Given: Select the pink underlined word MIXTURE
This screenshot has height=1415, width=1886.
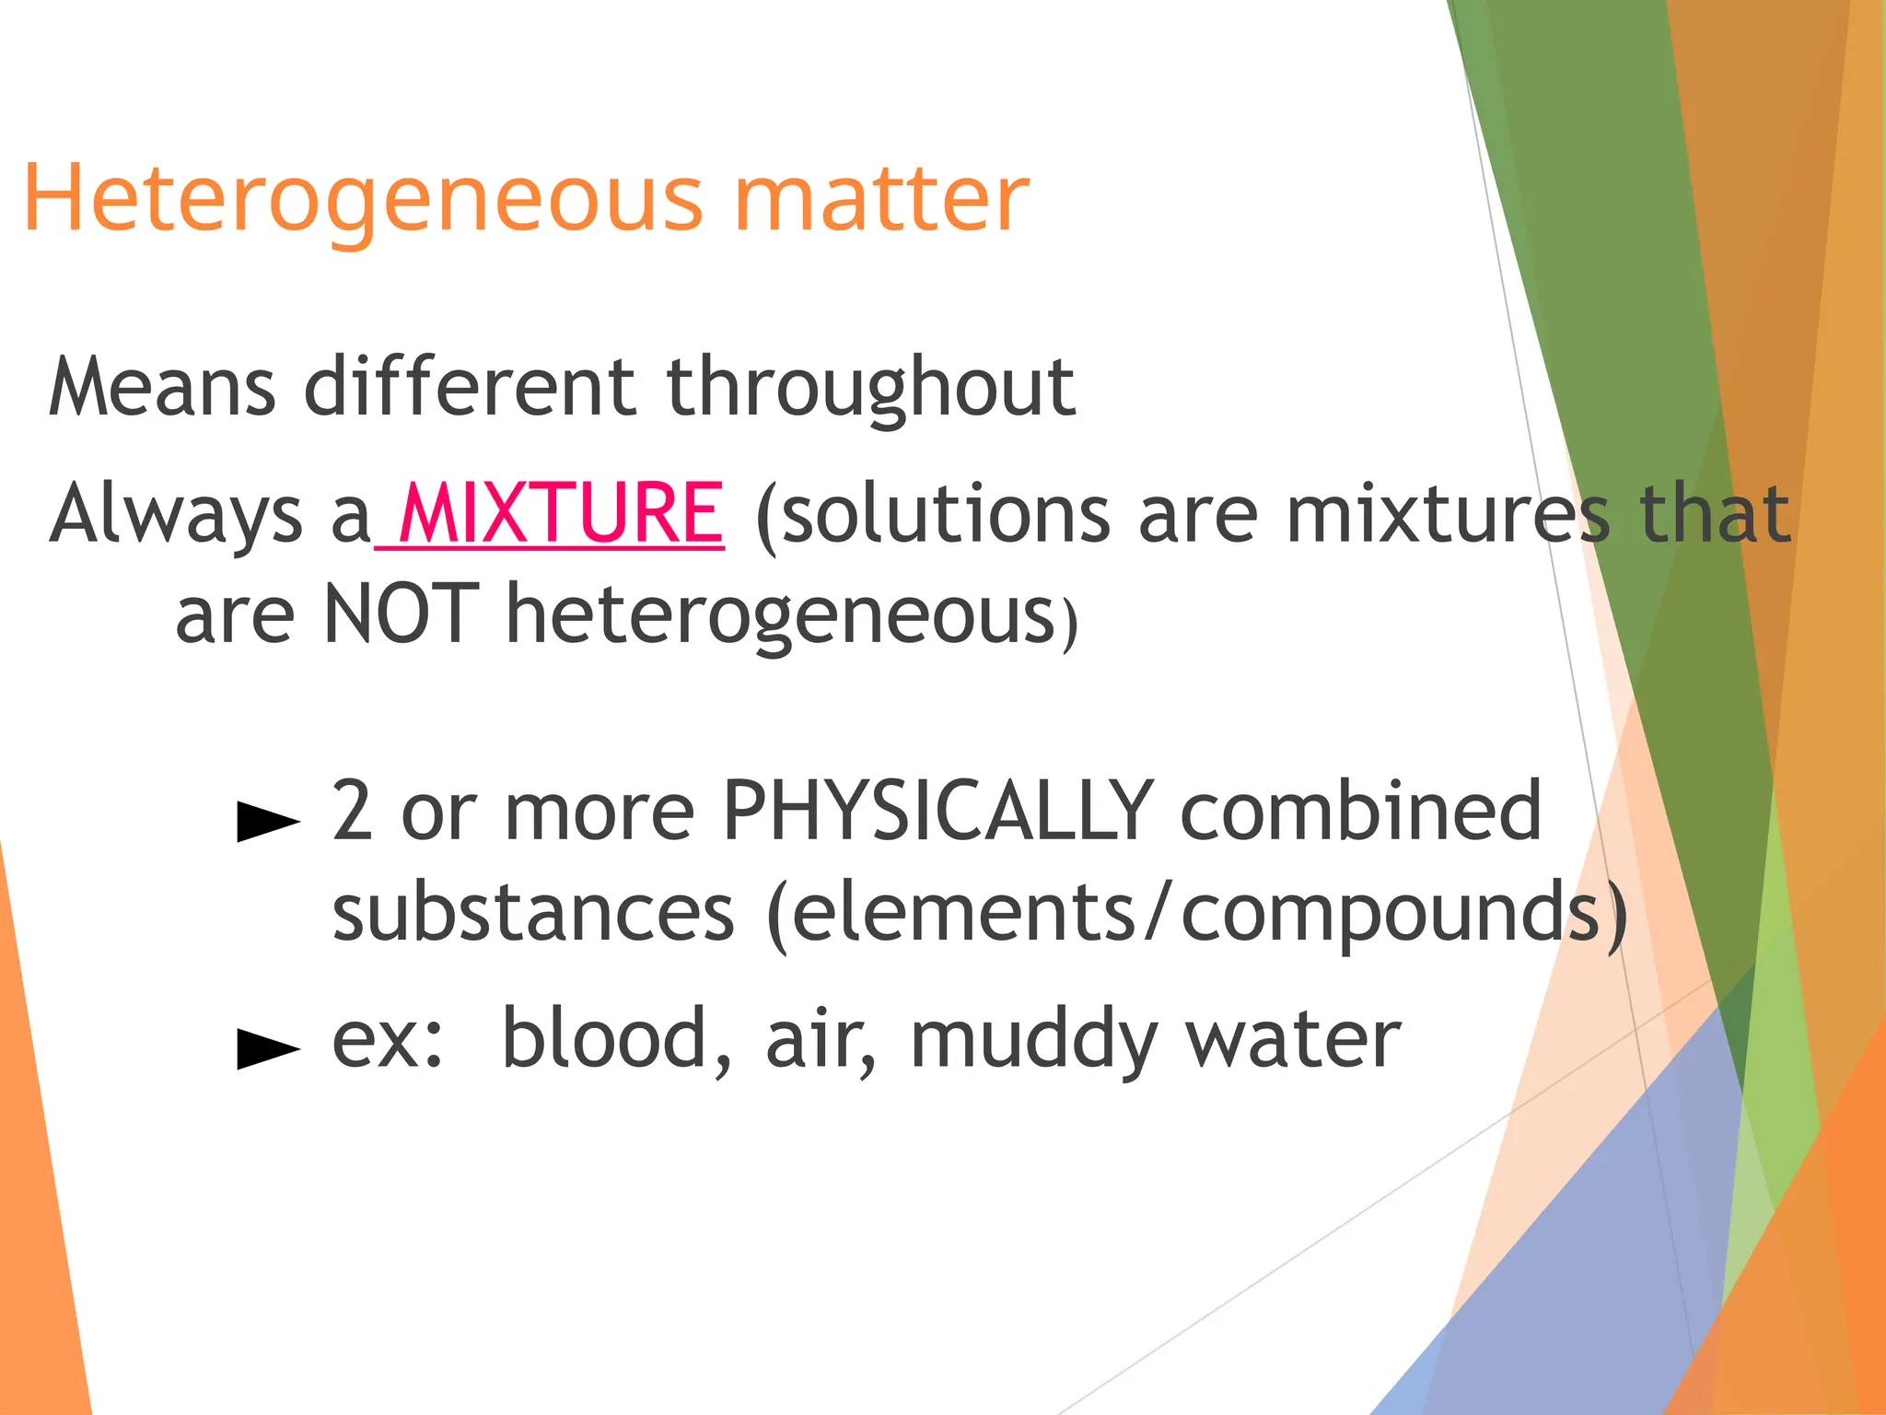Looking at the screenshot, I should tap(562, 513).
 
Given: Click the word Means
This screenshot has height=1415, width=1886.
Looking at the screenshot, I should tap(162, 387).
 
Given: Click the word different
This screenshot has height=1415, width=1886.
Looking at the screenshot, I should tap(470, 387).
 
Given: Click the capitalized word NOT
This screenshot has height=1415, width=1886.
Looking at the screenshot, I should tap(402, 614).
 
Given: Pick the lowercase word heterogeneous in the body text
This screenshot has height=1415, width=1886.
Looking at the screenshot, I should tap(781, 614).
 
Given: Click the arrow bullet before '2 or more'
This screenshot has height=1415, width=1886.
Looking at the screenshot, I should tap(268, 820).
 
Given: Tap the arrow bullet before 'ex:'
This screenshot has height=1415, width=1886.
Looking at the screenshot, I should tap(268, 1047).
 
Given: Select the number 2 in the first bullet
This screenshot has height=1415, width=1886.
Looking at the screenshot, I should tap(352, 811).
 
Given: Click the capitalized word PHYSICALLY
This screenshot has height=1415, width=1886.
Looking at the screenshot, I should tap(937, 811).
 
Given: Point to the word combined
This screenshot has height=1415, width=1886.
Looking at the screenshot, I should tap(1360, 811).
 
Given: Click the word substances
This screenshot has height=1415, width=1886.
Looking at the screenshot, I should tap(533, 912).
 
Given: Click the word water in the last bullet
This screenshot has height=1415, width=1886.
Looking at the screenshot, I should tap(1293, 1038).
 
